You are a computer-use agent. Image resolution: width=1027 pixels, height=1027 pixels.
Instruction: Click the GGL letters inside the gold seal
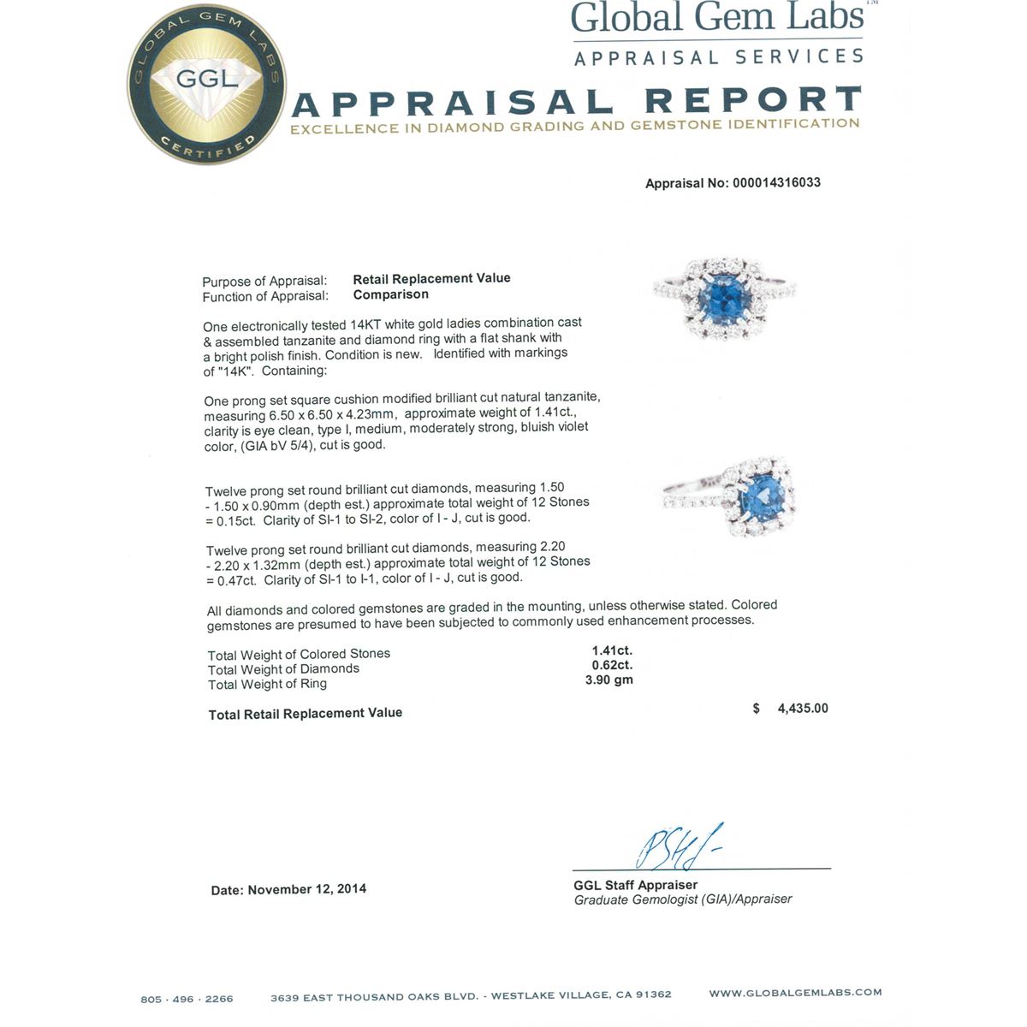click(206, 80)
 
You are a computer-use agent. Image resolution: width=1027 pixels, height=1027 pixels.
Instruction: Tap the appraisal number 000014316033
click(776, 182)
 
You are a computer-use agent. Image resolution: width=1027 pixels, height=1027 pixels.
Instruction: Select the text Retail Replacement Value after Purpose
click(431, 278)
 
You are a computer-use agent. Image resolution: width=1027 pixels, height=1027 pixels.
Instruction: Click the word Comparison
click(390, 294)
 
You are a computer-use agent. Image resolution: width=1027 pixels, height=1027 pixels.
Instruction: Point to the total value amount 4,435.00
click(803, 709)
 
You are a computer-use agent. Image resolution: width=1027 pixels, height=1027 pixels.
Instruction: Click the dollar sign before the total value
click(757, 709)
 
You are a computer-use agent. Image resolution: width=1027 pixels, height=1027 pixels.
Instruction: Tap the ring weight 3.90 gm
click(609, 680)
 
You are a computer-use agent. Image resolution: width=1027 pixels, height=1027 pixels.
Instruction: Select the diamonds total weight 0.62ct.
click(612, 665)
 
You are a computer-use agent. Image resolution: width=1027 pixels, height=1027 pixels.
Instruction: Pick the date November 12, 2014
click(307, 889)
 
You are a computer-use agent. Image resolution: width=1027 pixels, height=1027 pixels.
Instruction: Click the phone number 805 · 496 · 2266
click(187, 999)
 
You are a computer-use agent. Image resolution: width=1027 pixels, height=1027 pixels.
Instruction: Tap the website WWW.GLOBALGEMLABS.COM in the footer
click(795, 993)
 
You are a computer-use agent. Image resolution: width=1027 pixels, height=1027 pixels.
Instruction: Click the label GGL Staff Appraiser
click(635, 885)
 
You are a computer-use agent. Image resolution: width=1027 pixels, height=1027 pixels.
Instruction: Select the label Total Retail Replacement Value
click(306, 714)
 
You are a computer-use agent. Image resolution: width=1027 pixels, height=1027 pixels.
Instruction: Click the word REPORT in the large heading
click(753, 101)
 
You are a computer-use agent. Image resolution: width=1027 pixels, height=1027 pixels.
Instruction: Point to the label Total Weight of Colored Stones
click(299, 654)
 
